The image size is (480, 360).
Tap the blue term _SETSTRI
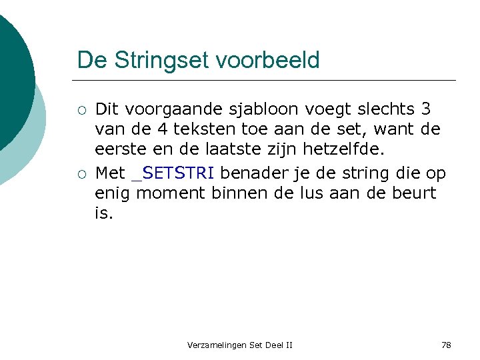point(173,173)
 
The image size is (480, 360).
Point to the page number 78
point(446,345)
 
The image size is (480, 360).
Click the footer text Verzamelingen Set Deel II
point(240,345)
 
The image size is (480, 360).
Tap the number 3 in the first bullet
point(425,109)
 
